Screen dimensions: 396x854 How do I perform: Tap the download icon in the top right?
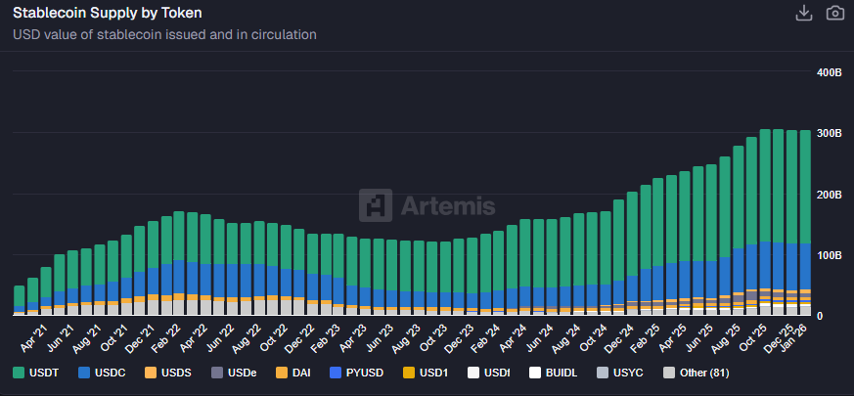[803, 13]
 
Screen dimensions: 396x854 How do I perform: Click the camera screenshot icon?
[834, 13]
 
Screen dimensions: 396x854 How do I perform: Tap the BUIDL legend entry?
[555, 373]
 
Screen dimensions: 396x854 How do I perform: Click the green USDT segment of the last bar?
[805, 186]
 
